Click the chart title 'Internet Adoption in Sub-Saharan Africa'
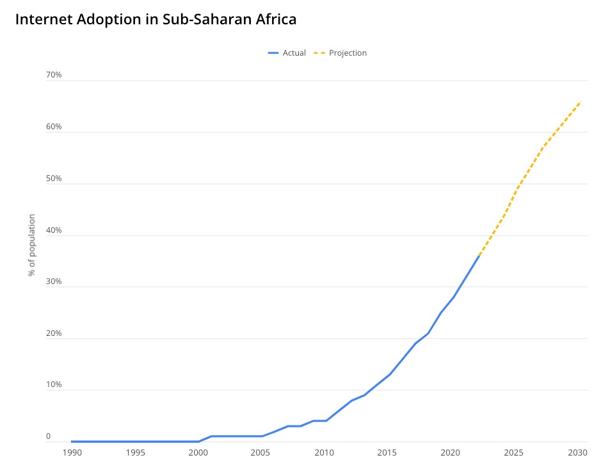click(156, 19)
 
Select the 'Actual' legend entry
click(294, 53)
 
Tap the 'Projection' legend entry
click(347, 53)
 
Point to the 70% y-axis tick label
click(54, 75)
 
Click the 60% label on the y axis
click(54, 127)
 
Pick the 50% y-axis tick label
click(54, 178)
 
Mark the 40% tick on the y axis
click(54, 230)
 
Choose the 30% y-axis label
click(54, 282)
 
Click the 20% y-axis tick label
click(54, 334)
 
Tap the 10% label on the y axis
click(54, 385)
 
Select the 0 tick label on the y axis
click(48, 437)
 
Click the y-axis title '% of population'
click(32, 245)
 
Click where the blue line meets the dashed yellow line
click(479, 255)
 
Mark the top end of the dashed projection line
click(580, 101)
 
